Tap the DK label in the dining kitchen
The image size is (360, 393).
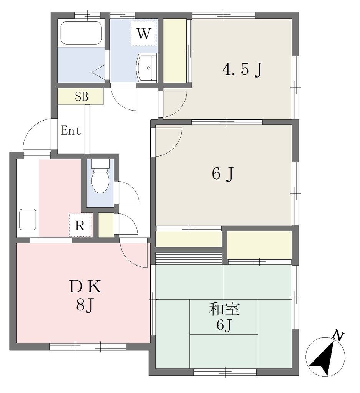85,286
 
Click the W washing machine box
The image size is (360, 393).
144,33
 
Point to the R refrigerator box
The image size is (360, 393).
80,225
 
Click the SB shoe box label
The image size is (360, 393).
81,96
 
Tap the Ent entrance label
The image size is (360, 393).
71,130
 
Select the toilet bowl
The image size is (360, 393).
100,177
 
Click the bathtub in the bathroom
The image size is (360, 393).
81,33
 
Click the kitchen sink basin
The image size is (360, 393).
28,219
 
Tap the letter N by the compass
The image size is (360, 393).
338,335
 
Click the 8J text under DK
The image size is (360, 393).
85,305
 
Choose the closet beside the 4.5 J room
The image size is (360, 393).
175,51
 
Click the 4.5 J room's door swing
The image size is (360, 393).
175,104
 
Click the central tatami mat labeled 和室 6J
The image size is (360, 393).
224,317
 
